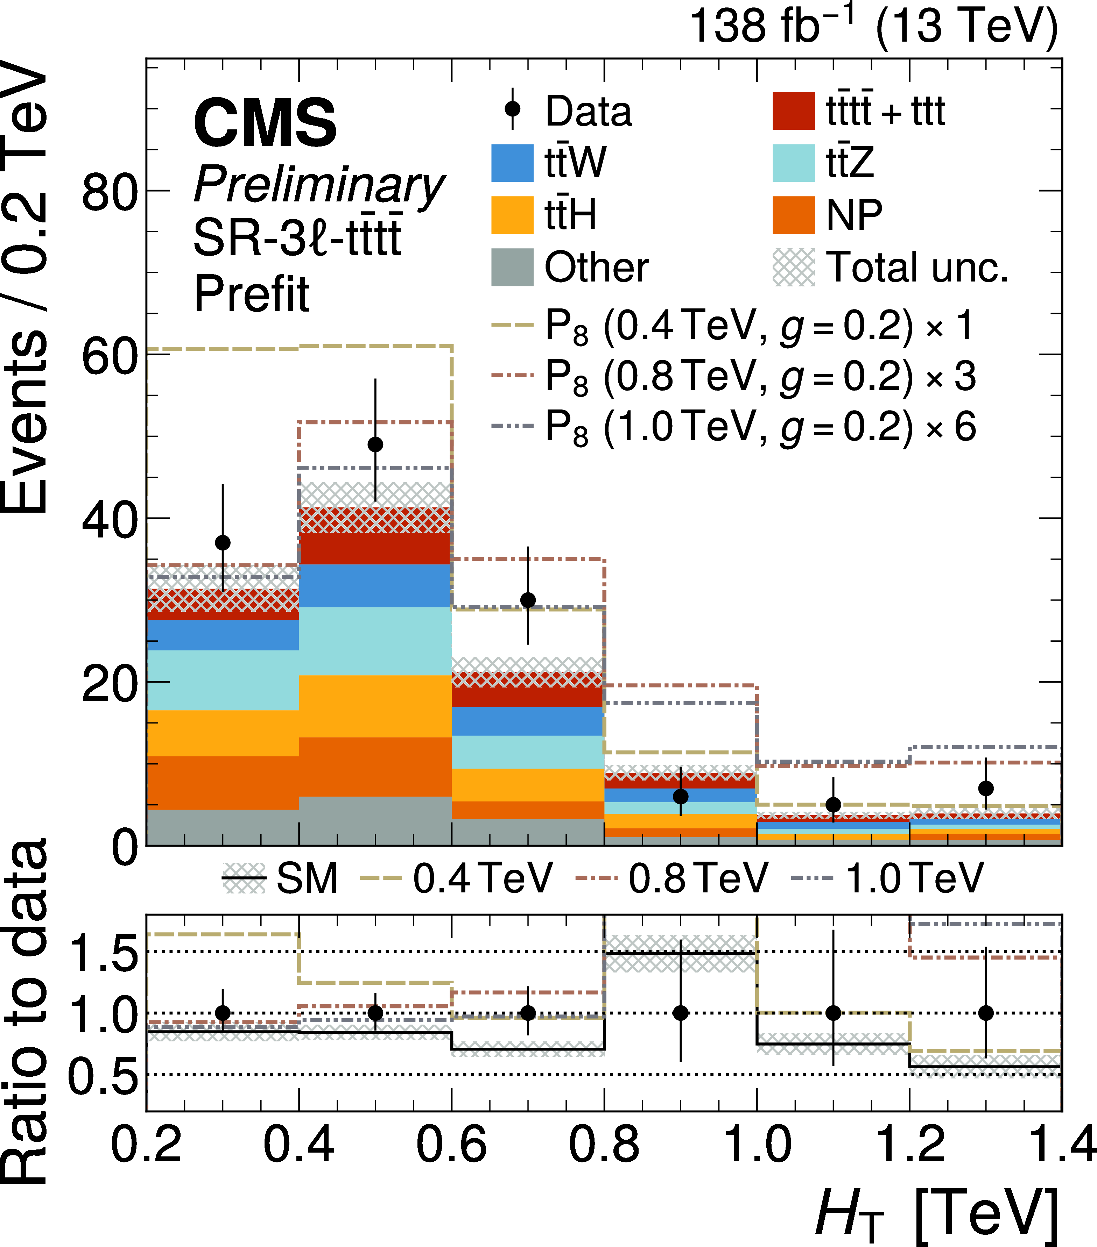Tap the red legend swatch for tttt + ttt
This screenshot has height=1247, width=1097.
click(793, 111)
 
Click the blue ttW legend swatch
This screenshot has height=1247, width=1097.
click(512, 163)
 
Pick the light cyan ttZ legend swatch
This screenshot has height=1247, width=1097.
click(793, 163)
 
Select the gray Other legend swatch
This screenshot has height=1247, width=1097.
click(512, 267)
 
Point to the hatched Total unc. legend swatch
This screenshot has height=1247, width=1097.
click(793, 267)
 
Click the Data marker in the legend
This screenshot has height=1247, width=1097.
click(513, 109)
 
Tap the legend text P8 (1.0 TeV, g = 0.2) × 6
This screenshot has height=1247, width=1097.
click(760, 428)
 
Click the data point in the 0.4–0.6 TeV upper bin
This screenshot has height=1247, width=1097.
click(375, 445)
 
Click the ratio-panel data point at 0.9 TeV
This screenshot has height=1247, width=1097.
click(681, 1013)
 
